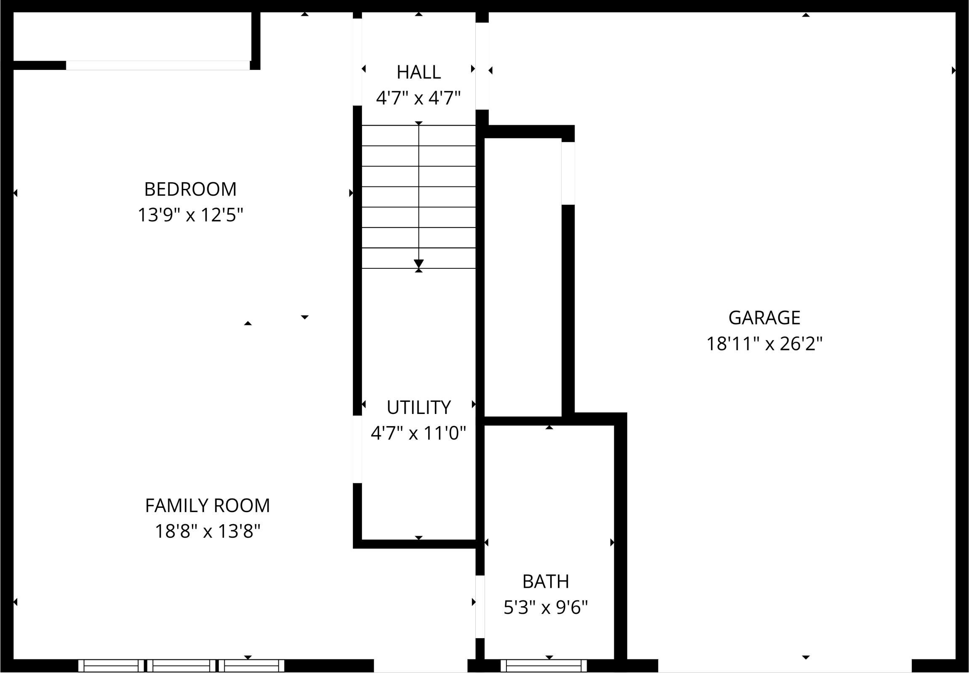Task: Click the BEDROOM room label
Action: coord(190,189)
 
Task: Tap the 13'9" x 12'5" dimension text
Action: coord(190,215)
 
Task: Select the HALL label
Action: coord(418,72)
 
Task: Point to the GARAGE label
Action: coord(764,318)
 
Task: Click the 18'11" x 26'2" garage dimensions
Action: coord(764,344)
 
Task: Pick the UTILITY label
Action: coord(418,408)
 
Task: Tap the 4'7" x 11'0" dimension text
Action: coord(418,433)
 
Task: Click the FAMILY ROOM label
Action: coord(207,506)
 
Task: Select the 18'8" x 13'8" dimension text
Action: coord(207,531)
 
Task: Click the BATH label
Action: coord(545,581)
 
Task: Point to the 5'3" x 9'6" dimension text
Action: coord(545,608)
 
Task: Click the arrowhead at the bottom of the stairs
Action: coord(418,263)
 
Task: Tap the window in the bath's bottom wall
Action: coord(544,666)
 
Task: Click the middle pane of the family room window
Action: coord(181,666)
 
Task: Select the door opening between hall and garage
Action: coord(482,66)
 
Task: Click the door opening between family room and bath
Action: coord(480,606)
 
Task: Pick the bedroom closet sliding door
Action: coord(157,65)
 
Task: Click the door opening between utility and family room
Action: coord(357,449)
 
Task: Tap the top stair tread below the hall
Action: coord(418,135)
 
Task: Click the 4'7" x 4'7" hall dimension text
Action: coord(418,98)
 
